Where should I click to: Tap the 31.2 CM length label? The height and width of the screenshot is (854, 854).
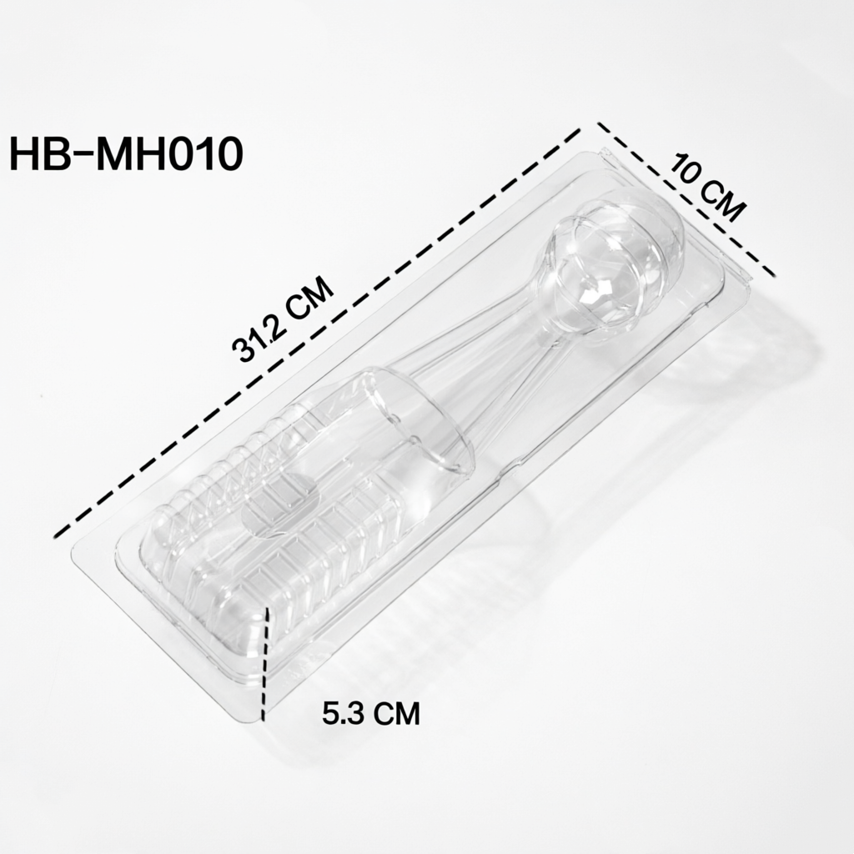point(283,319)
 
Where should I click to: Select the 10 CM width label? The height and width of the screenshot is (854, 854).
point(706,188)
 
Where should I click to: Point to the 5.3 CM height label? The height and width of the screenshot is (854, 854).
point(371,713)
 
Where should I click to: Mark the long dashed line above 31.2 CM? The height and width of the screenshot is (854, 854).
point(318,329)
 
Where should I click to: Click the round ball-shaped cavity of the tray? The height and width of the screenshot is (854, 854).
point(613,266)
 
